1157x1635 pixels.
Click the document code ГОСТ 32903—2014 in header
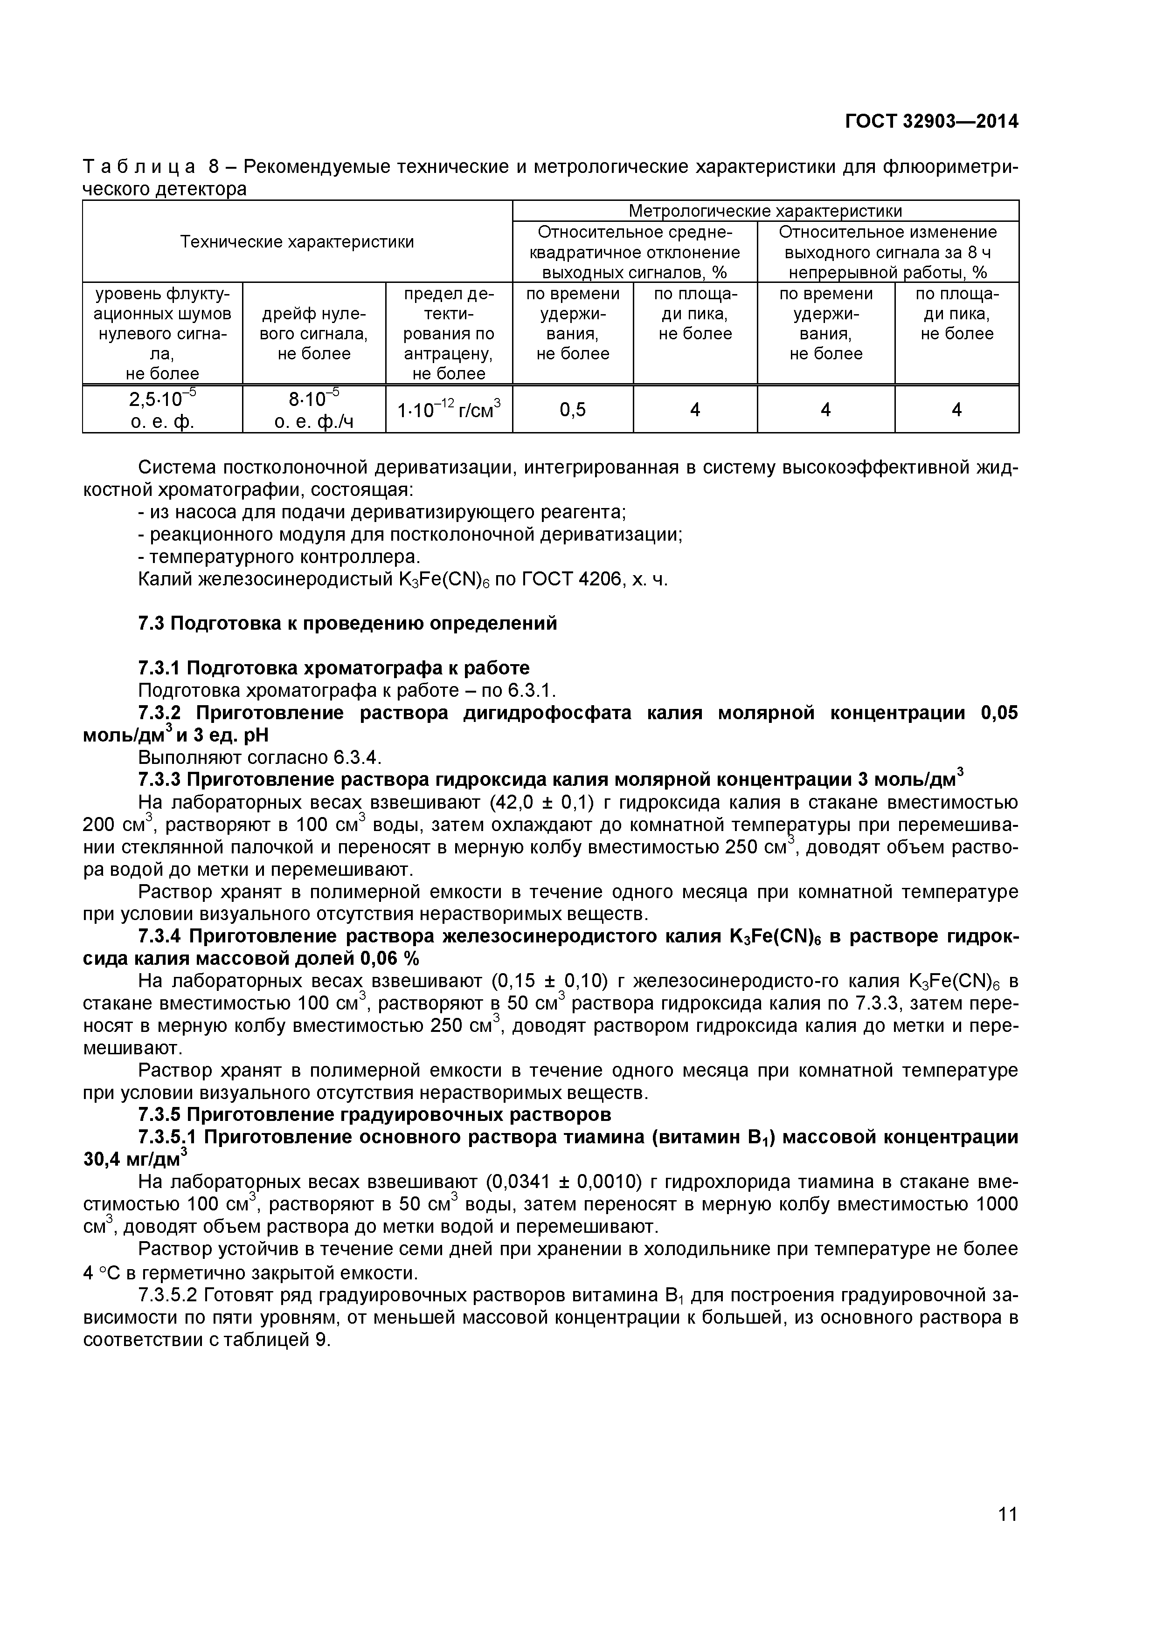click(931, 122)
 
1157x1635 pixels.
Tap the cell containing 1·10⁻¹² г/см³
click(449, 410)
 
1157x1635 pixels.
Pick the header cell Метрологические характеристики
click(765, 211)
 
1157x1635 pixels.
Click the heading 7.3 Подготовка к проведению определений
click(347, 624)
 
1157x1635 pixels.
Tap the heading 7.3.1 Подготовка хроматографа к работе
click(333, 668)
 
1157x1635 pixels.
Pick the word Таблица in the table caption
click(139, 167)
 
